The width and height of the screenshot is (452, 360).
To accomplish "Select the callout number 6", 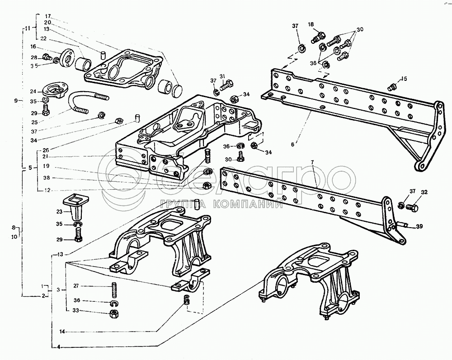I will coord(292,144).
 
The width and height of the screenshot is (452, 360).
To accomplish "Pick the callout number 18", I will coord(311,24).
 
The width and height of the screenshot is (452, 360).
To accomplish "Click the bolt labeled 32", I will coord(412,207).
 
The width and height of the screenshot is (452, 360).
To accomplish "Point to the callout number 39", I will coord(420,227).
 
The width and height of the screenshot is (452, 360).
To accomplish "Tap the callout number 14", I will coord(61,332).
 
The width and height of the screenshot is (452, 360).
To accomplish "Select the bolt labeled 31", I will coord(227,84).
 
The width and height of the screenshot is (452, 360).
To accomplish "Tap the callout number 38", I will coord(47,178).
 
